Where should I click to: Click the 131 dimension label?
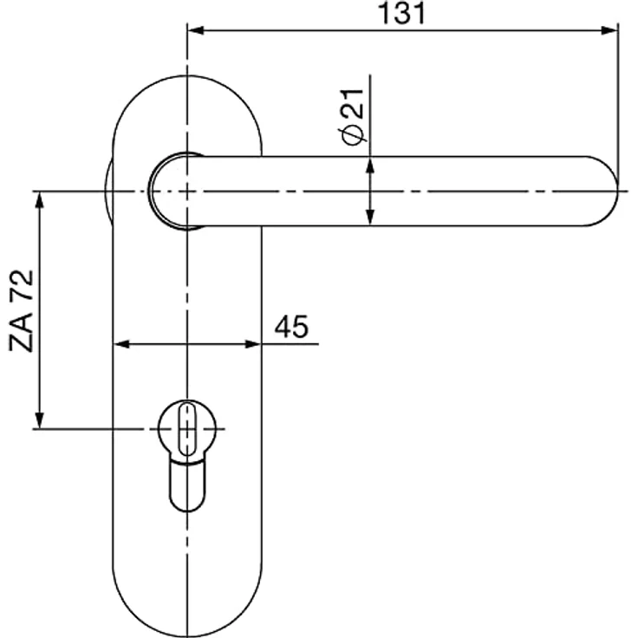(x=401, y=13)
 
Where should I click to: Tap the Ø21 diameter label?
(x=353, y=117)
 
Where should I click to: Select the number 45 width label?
(x=291, y=327)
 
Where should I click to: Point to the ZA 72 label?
(x=21, y=311)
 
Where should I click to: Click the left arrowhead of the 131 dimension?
(x=196, y=30)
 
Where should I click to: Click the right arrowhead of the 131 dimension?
(x=609, y=30)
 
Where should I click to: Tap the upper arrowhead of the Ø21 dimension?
(x=370, y=166)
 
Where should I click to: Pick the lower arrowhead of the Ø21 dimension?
(x=370, y=217)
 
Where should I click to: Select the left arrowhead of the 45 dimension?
(x=121, y=345)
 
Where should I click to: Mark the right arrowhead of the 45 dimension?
(x=252, y=345)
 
